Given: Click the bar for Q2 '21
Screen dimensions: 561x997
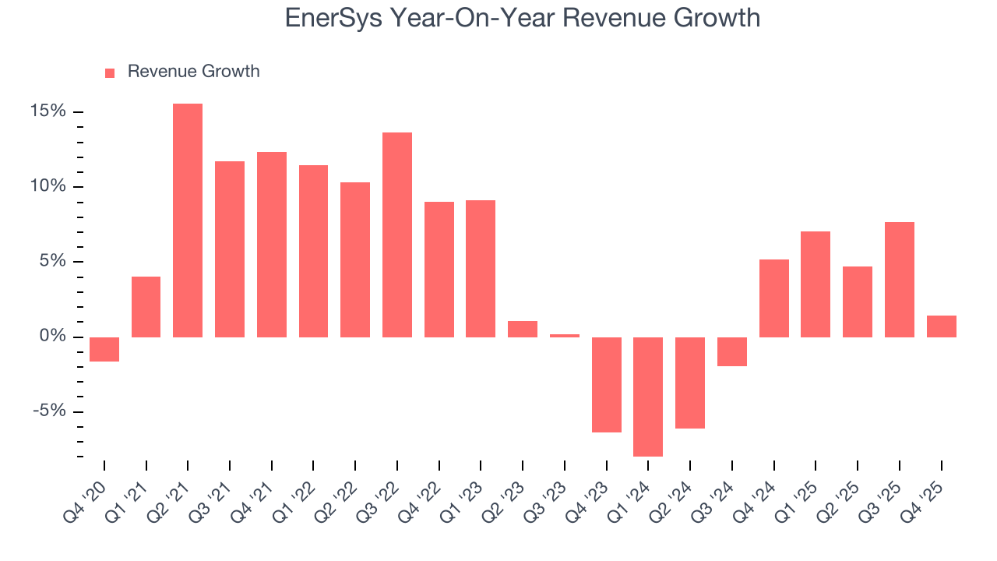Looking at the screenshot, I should click(x=188, y=221).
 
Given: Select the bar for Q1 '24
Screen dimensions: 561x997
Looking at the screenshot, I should click(x=648, y=397).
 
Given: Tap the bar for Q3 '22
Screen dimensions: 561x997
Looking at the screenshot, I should click(x=397, y=235).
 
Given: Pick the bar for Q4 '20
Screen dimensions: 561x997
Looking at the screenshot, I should click(x=104, y=349).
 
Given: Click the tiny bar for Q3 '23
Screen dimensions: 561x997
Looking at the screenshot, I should click(x=565, y=336).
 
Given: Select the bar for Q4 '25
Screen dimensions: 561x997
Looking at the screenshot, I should click(x=941, y=326).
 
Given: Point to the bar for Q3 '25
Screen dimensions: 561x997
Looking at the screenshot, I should click(x=900, y=280).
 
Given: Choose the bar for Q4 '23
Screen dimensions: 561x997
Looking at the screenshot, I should click(x=607, y=385).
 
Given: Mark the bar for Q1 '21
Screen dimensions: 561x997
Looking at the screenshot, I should click(x=146, y=307).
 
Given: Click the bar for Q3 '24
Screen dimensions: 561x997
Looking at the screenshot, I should click(x=732, y=351).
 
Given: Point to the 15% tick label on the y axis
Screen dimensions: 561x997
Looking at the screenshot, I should click(x=48, y=111).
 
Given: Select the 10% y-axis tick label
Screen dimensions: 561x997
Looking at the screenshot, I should click(x=48, y=186).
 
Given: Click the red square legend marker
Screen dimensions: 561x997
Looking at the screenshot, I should click(x=110, y=72).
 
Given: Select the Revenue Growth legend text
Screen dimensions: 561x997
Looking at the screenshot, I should click(x=193, y=72).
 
